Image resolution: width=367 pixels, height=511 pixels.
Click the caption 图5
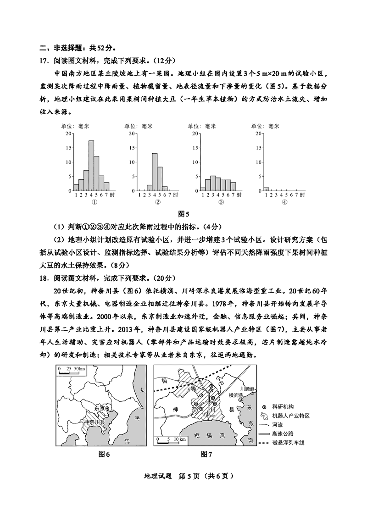click(x=183, y=213)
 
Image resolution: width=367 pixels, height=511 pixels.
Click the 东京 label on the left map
click(x=99, y=408)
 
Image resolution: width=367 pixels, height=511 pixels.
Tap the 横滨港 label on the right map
click(x=236, y=395)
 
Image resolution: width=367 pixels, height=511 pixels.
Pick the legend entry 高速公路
click(x=283, y=433)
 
